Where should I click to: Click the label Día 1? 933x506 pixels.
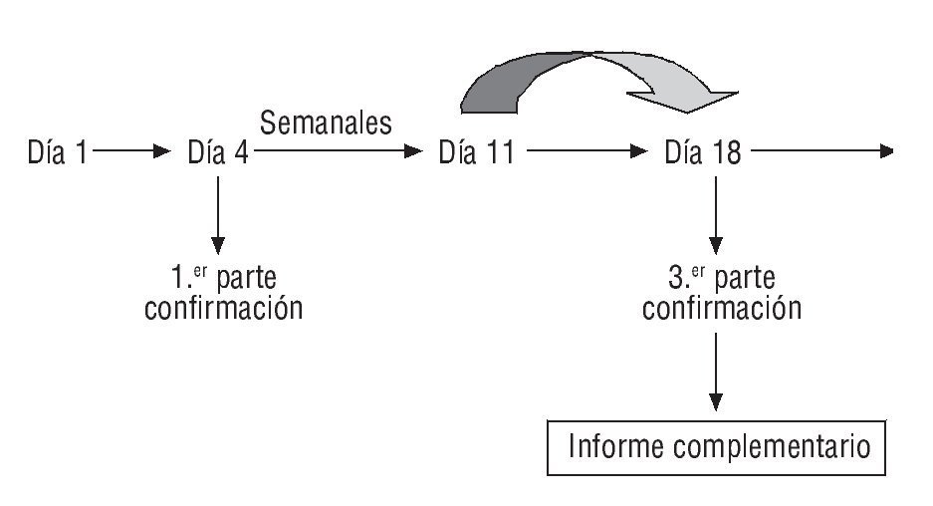pos(58,153)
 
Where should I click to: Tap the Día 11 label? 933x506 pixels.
pos(476,153)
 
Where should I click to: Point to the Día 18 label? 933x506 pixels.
pos(704,153)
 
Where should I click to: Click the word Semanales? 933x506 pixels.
pos(326,123)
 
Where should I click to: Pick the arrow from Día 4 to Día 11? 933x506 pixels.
pos(339,152)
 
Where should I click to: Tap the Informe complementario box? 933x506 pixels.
pos(715,446)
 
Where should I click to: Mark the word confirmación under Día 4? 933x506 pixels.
pos(223,308)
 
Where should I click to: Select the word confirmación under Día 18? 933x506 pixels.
pos(721,308)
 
